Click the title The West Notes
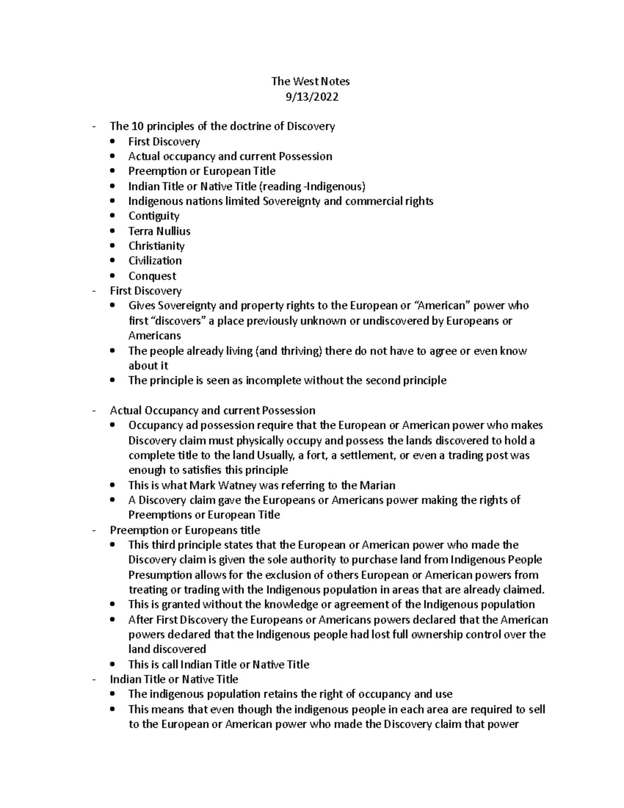pyautogui.click(x=310, y=81)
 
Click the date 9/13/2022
pyautogui.click(x=311, y=96)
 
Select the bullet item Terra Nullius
pyautogui.click(x=159, y=231)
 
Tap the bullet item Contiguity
pyautogui.click(x=153, y=216)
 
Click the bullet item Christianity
pyautogui.click(x=156, y=246)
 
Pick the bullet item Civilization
pyautogui.click(x=155, y=261)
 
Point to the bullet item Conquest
pyautogui.click(x=152, y=276)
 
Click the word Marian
pyautogui.click(x=377, y=485)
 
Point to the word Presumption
pyautogui.click(x=160, y=575)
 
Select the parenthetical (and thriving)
pyautogui.click(x=289, y=351)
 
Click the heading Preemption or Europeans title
pyautogui.click(x=185, y=530)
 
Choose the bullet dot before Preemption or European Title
pyautogui.click(x=113, y=171)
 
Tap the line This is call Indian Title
pyautogui.click(x=218, y=664)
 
